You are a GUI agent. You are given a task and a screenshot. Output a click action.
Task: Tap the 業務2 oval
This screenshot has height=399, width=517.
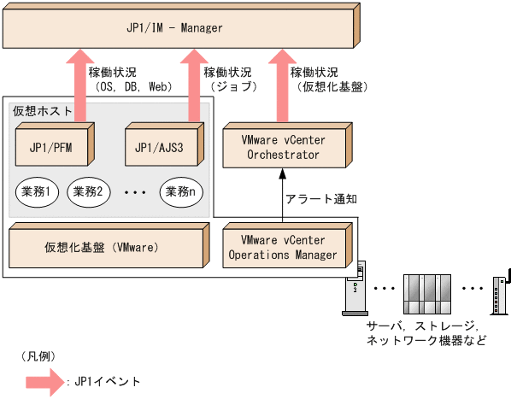[x=87, y=191]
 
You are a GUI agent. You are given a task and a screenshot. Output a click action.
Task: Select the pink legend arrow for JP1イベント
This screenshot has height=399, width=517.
[x=43, y=381]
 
